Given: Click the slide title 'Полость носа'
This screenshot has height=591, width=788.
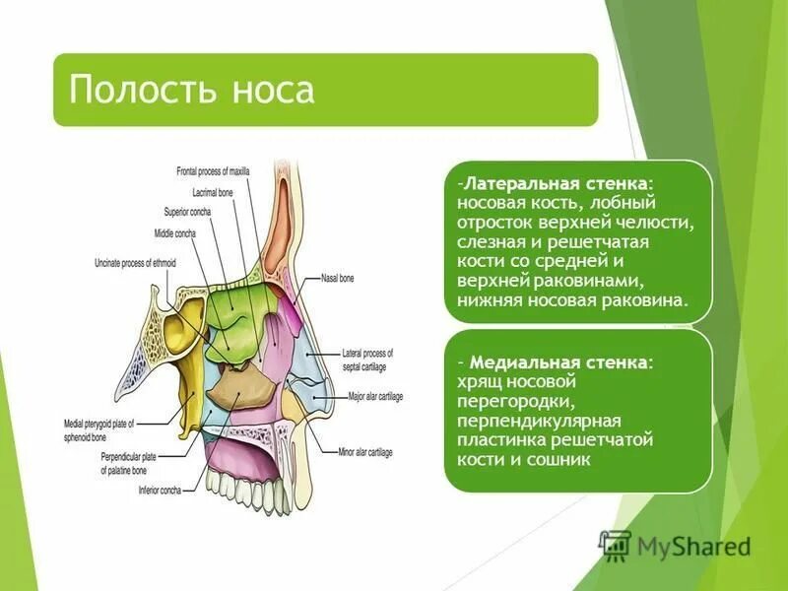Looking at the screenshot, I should click(192, 91).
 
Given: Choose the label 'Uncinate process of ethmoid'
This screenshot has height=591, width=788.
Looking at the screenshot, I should click(141, 263).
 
